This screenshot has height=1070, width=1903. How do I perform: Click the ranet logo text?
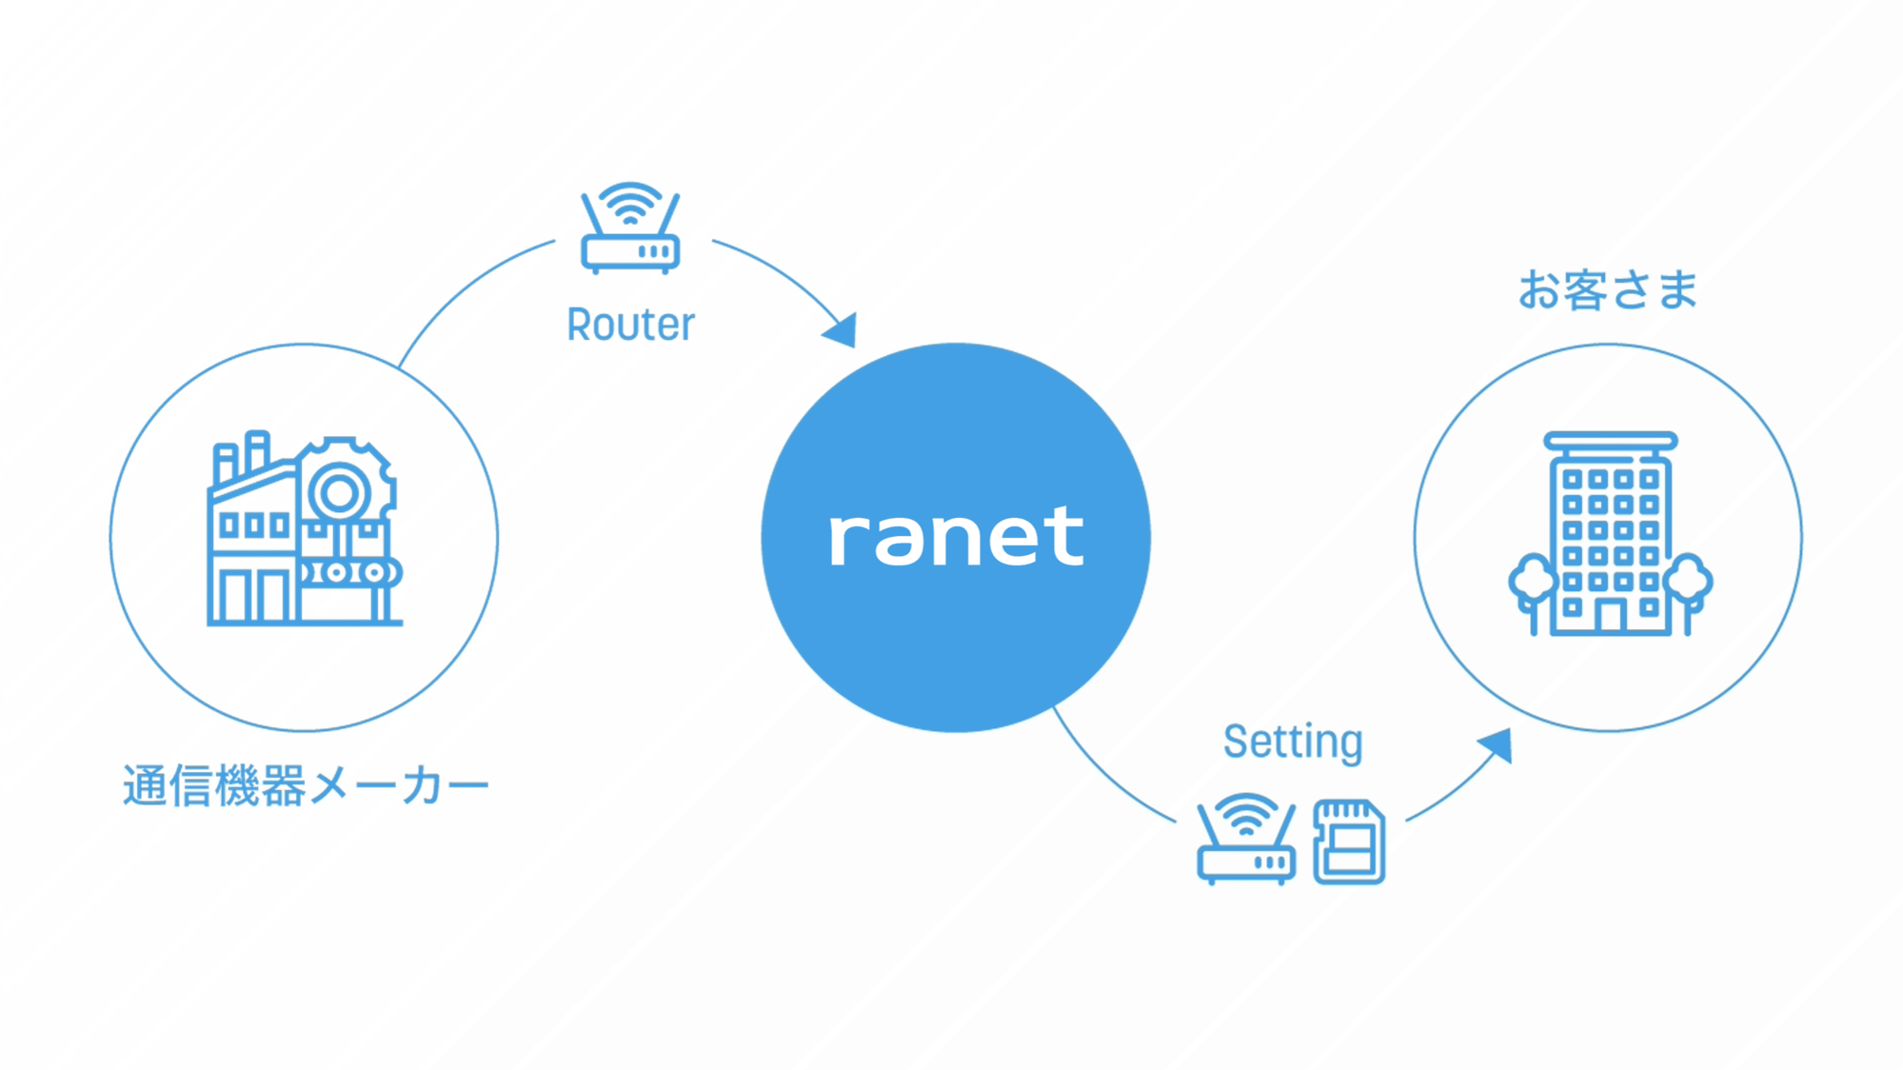click(x=956, y=538)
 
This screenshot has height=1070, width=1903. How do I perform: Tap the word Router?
click(x=630, y=325)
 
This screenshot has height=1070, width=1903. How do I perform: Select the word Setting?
click(x=1293, y=742)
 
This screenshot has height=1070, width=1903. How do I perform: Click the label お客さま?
click(x=1608, y=289)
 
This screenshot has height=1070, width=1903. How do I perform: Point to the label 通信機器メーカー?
click(x=305, y=786)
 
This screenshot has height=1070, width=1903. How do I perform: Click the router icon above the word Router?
click(x=630, y=229)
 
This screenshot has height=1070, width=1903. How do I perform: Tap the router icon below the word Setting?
click(x=1246, y=840)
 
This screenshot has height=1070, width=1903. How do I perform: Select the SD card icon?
click(x=1349, y=842)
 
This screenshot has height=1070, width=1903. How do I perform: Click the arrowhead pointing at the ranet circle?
click(x=842, y=330)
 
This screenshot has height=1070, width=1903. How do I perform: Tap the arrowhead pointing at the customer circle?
click(x=1497, y=744)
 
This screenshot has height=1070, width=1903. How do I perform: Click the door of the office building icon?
click(x=1611, y=616)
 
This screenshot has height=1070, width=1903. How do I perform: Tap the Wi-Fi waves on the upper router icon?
click(x=630, y=203)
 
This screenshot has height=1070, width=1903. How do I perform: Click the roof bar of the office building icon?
click(x=1611, y=441)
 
